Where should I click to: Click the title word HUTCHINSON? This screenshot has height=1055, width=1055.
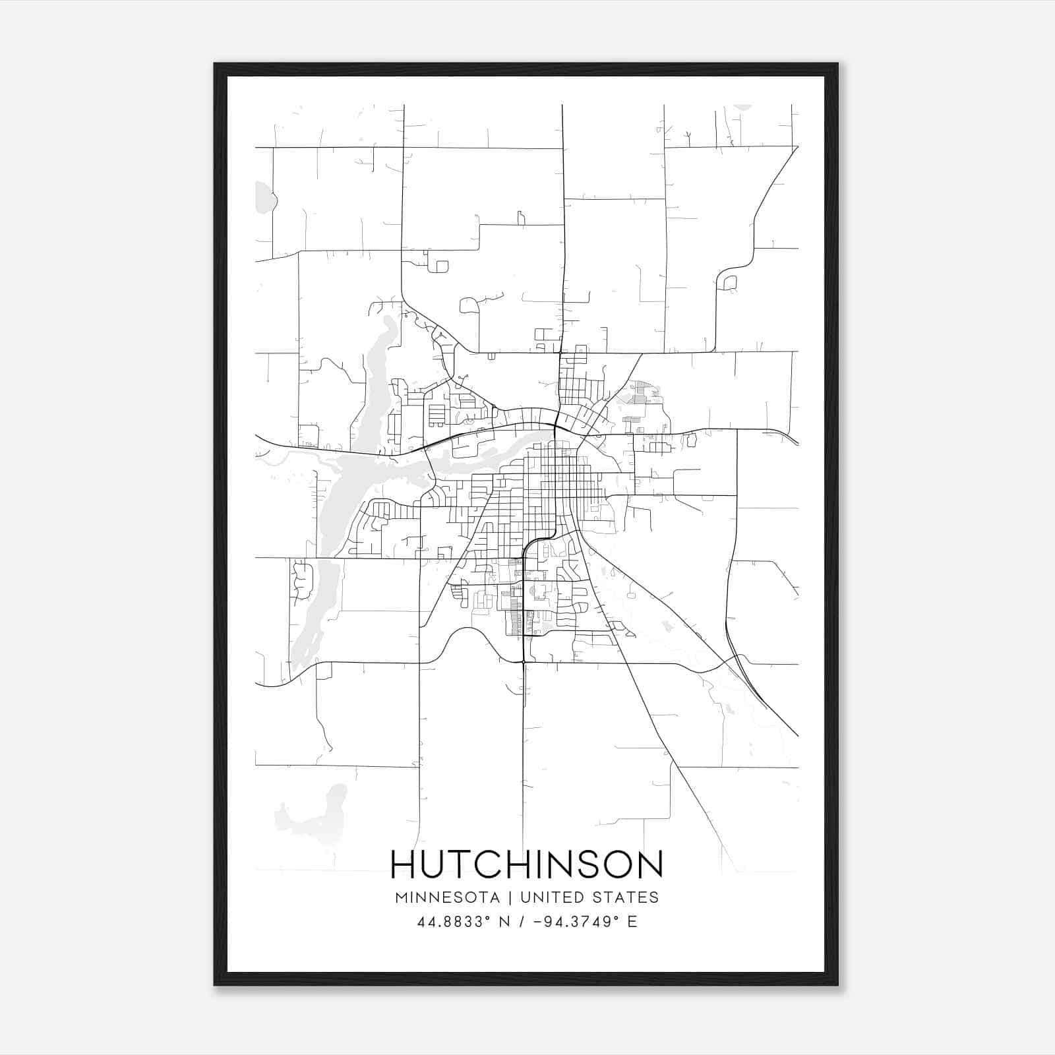point(527,864)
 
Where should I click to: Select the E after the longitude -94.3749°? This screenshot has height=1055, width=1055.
point(632,922)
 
